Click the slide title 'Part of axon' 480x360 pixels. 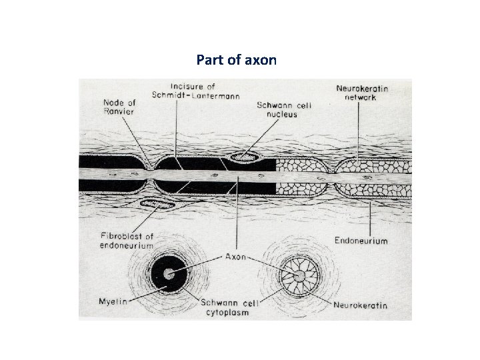237,60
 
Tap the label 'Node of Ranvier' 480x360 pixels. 120,107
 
